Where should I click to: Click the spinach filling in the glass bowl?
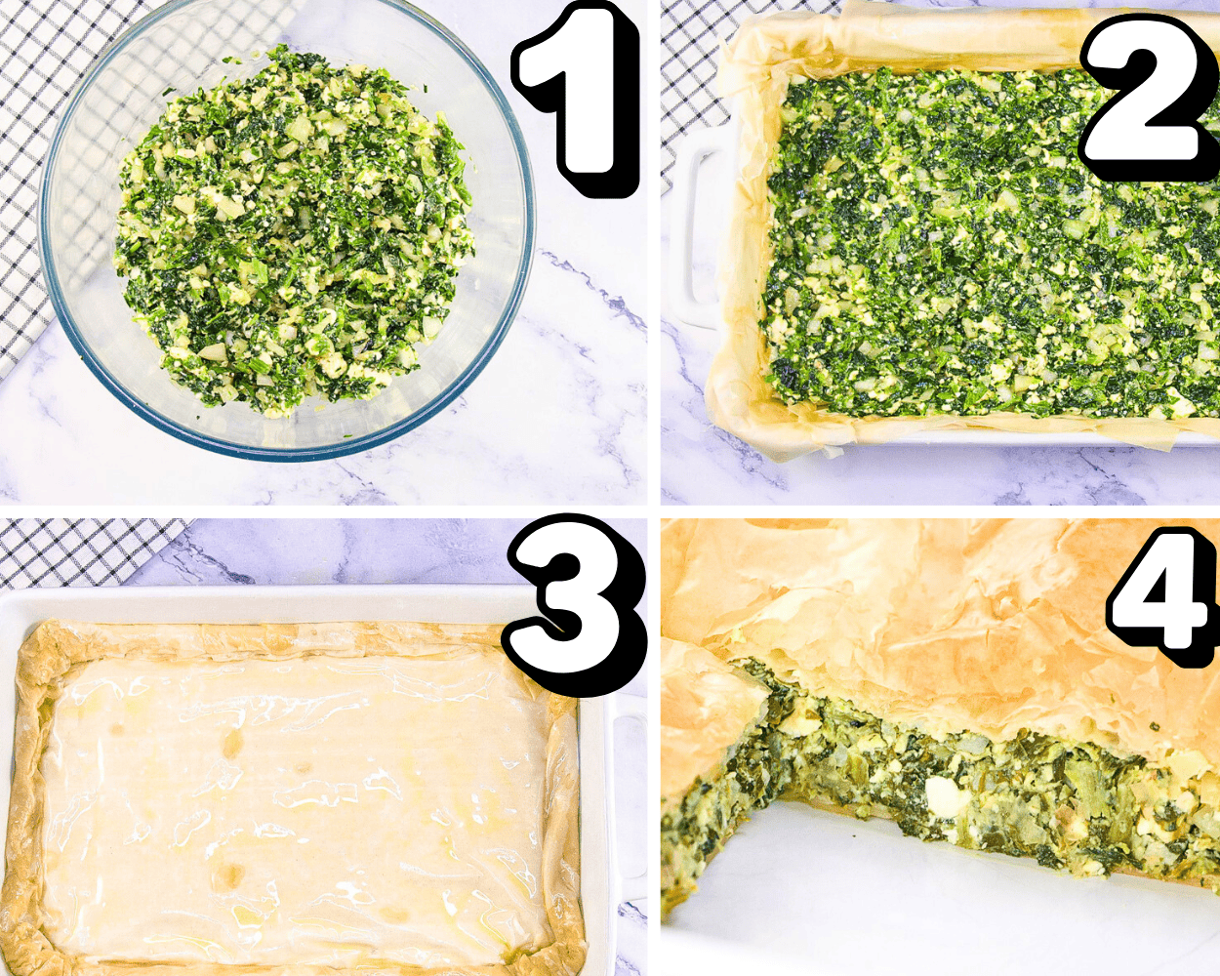click(x=293, y=234)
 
